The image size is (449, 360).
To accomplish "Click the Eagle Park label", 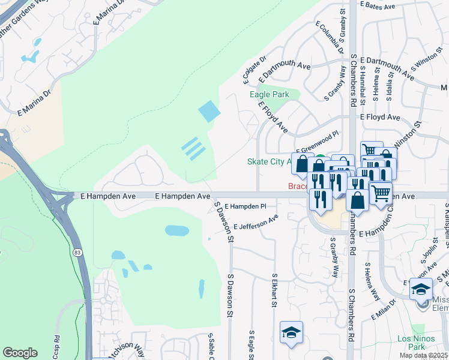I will (270, 94).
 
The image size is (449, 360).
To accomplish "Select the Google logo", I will (20, 353).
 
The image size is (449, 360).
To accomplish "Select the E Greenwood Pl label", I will (318, 143).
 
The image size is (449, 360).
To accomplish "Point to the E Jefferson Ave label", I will (256, 222).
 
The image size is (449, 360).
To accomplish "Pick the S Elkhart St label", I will (274, 292).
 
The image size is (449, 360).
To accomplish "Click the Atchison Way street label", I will (128, 349).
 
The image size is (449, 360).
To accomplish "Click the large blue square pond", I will (209, 111).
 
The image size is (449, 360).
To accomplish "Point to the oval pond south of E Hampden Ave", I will (176, 230).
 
